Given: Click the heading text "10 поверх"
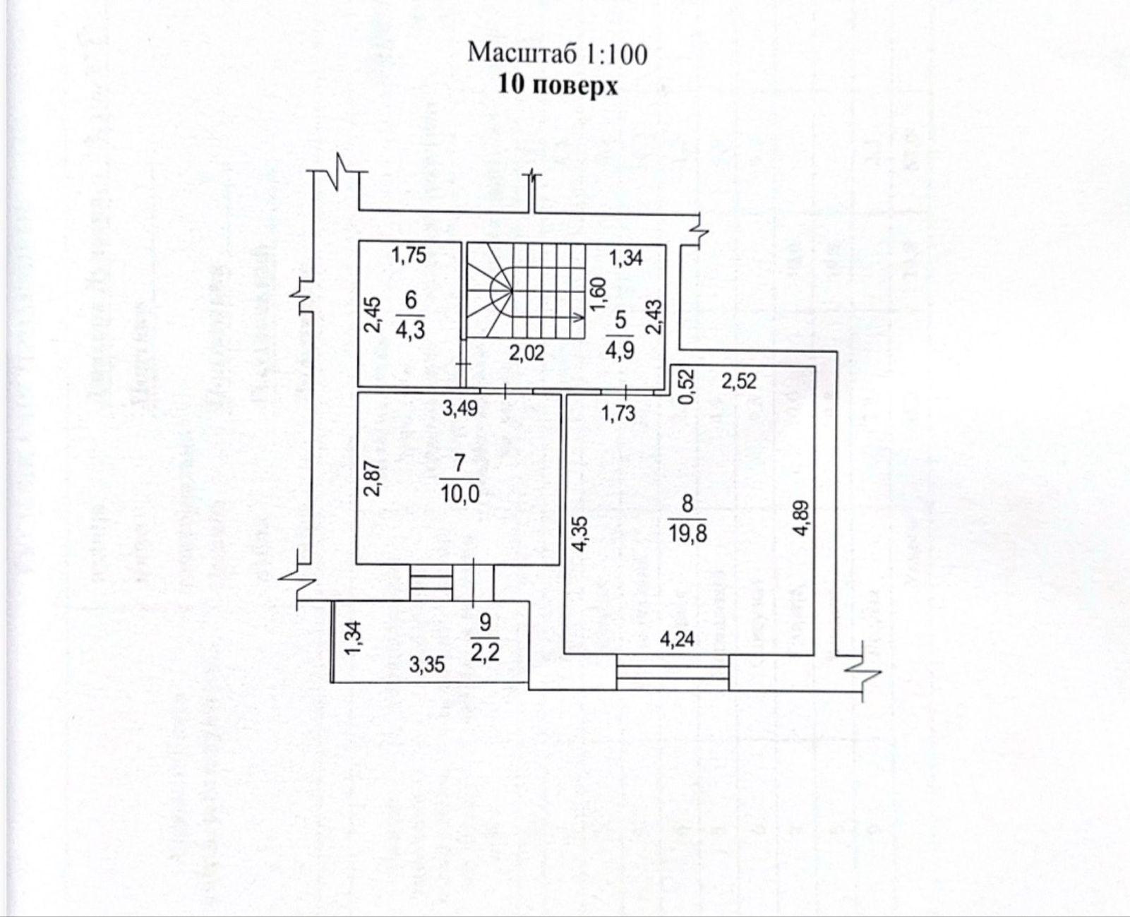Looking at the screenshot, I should (558, 85).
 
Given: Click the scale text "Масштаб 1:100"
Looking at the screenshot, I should (558, 54).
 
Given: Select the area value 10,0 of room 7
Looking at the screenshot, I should (459, 493).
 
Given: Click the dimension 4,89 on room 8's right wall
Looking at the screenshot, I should (799, 519).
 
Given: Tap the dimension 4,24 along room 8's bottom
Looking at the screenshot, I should (676, 639).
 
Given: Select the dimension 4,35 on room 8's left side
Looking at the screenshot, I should (579, 534).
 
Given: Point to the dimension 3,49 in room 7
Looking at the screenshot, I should (460, 407).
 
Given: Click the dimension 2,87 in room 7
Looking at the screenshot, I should (373, 478).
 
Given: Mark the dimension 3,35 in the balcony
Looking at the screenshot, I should (426, 664).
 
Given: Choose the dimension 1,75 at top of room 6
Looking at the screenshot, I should (409, 256).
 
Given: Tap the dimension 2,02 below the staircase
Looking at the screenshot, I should (527, 353).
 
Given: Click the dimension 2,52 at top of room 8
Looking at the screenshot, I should (738, 381).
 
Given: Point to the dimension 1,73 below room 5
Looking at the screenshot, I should (618, 413).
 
